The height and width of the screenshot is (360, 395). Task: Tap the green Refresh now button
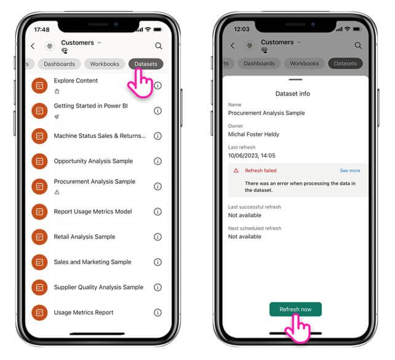pyautogui.click(x=295, y=309)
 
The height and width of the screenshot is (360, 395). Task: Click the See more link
pyautogui.click(x=350, y=170)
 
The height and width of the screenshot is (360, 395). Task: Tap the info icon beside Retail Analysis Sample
pyautogui.click(x=158, y=237)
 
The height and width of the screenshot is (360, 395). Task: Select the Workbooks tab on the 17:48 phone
pyautogui.click(x=105, y=64)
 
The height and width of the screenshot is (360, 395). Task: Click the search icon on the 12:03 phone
pyautogui.click(x=358, y=46)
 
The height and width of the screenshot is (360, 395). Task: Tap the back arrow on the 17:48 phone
pyautogui.click(x=33, y=46)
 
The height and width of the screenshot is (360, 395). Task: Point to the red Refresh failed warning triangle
pyautogui.click(x=236, y=170)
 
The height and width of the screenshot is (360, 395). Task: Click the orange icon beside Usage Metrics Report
pyautogui.click(x=39, y=313)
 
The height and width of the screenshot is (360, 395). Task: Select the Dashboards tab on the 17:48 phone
pyautogui.click(x=59, y=64)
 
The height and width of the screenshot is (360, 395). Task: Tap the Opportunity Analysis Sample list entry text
pyautogui.click(x=93, y=161)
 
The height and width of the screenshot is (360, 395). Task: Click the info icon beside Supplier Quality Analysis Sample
pyautogui.click(x=158, y=287)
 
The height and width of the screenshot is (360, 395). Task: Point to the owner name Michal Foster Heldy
pyautogui.click(x=253, y=134)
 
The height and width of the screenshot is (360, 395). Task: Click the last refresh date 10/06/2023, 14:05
pyautogui.click(x=252, y=156)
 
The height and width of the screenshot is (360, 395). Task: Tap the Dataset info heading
pyautogui.click(x=292, y=94)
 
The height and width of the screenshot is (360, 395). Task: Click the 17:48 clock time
pyautogui.click(x=42, y=30)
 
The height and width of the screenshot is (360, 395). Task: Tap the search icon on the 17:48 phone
pyautogui.click(x=159, y=46)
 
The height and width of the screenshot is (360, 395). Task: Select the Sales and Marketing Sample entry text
pyautogui.click(x=92, y=262)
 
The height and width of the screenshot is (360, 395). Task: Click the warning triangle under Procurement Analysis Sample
pyautogui.click(x=57, y=192)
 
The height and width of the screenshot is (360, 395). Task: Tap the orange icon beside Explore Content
pyautogui.click(x=39, y=86)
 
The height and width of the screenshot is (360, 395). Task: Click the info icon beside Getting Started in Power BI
pyautogui.click(x=158, y=111)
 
